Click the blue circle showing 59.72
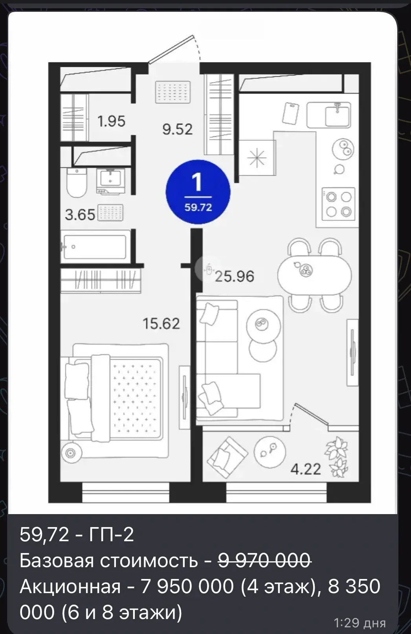coord(198,192)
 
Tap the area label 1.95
coord(111,121)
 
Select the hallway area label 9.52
coord(177,129)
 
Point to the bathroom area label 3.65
coord(80,215)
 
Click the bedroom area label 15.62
coord(161,323)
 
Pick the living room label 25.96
coord(235,276)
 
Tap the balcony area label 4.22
coord(306,469)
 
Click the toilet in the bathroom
coord(77,182)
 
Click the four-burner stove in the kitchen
coord(338,204)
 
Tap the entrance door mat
coord(172,92)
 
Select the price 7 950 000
coord(187,586)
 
